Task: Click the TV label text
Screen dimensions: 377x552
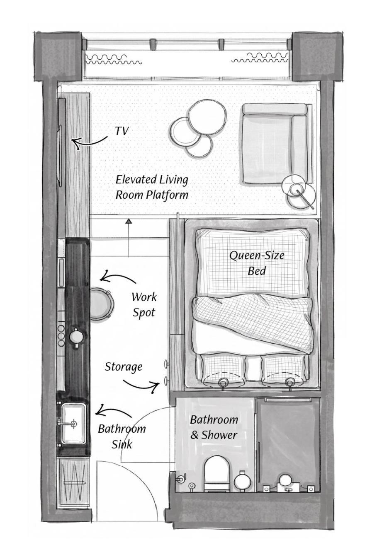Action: [x=122, y=131]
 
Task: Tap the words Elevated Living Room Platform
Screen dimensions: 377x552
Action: [x=152, y=187]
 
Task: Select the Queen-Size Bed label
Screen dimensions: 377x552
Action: [x=257, y=263]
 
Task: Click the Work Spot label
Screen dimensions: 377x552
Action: [x=144, y=305]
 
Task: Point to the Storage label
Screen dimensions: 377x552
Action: [x=124, y=367]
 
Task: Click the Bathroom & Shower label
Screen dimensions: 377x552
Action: [x=214, y=427]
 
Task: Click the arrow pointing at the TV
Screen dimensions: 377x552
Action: [x=90, y=143]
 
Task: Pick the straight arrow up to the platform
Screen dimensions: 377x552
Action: [x=129, y=238]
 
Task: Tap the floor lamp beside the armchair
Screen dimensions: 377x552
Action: [x=299, y=191]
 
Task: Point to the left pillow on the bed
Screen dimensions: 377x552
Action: [x=221, y=371]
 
